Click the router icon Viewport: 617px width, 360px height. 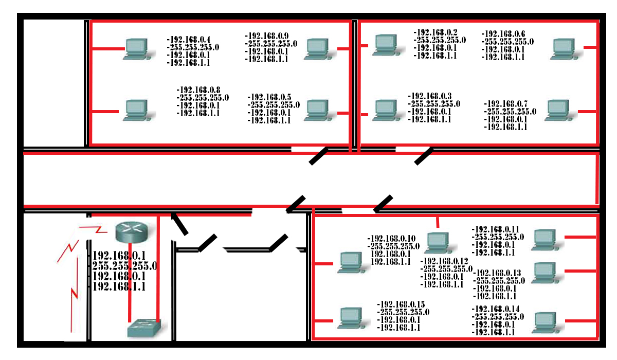click(x=131, y=232)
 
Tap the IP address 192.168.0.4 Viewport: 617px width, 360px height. click(x=189, y=39)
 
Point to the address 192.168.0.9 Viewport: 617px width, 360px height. click(x=267, y=36)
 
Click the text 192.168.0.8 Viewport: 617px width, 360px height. click(x=198, y=89)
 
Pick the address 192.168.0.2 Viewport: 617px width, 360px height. click(x=436, y=32)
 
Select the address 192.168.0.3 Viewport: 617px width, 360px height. click(x=430, y=96)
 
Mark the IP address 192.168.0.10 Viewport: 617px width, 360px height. click(x=392, y=239)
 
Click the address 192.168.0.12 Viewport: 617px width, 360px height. click(x=445, y=261)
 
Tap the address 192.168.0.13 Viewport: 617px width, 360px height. click(x=498, y=273)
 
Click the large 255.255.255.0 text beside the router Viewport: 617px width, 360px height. click(x=124, y=266)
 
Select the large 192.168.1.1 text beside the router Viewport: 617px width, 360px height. click(x=119, y=286)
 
